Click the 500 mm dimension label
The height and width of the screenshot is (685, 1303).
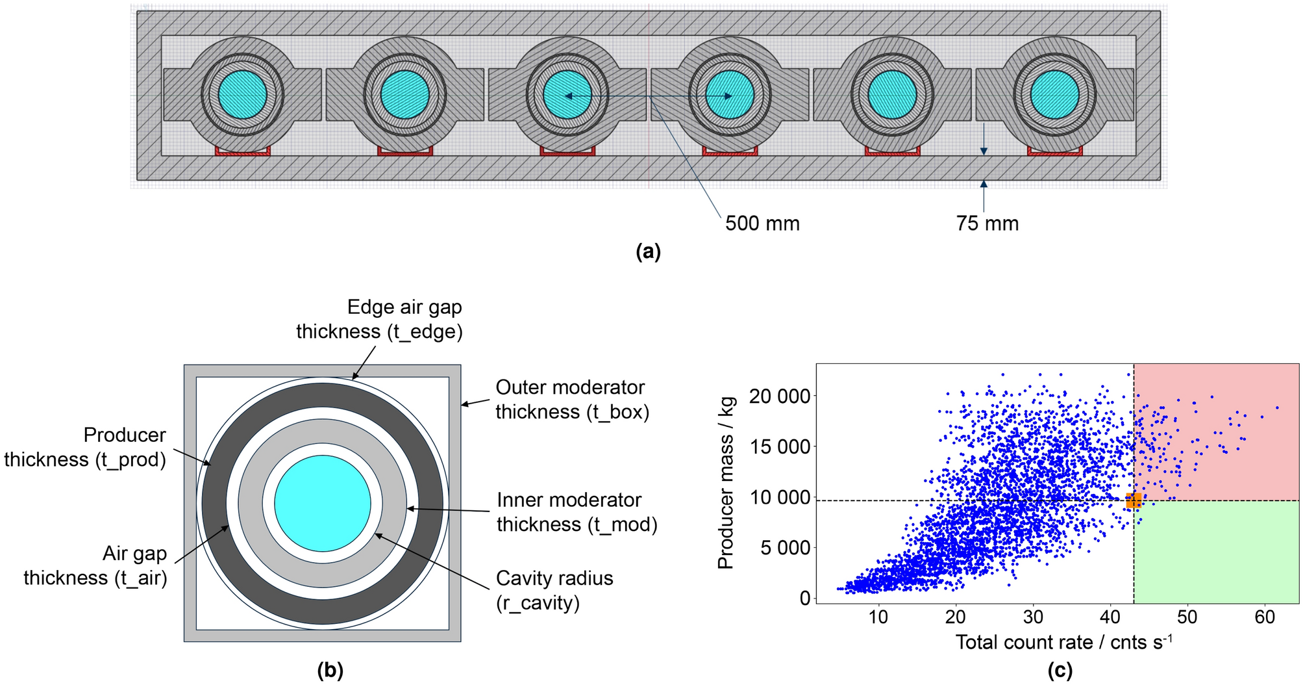(762, 224)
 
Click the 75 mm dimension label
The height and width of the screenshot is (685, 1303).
(987, 224)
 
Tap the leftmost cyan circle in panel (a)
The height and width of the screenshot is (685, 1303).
(242, 94)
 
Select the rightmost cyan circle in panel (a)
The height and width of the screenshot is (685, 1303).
(1054, 94)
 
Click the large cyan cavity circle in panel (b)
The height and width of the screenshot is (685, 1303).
(323, 503)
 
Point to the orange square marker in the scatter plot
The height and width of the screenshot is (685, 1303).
(1134, 500)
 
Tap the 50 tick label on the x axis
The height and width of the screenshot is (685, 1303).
(1187, 617)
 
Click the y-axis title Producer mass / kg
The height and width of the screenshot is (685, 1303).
(726, 482)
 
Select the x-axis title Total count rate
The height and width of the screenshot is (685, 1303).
(1063, 642)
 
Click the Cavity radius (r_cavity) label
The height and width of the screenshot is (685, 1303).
(554, 590)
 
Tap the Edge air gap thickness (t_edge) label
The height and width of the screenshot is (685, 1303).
(380, 319)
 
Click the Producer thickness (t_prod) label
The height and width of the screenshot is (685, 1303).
(85, 447)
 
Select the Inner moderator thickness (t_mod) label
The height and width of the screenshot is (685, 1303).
(577, 512)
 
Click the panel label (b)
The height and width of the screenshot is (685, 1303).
(330, 670)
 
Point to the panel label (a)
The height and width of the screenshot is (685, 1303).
(648, 251)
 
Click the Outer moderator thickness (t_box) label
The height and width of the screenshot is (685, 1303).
(572, 400)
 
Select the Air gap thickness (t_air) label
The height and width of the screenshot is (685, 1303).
(95, 565)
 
